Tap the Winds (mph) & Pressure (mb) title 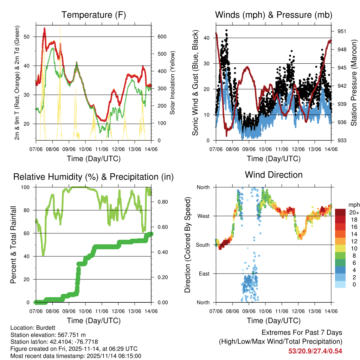coord(274,15)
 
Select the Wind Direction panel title coord(274,175)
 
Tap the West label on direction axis coord(202,216)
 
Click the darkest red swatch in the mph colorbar coord(340,212)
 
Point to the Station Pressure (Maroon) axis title coord(354,83)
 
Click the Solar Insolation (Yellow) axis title coord(173,83)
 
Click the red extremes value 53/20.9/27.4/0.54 coord(315,351)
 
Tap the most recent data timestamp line coord(76,356)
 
